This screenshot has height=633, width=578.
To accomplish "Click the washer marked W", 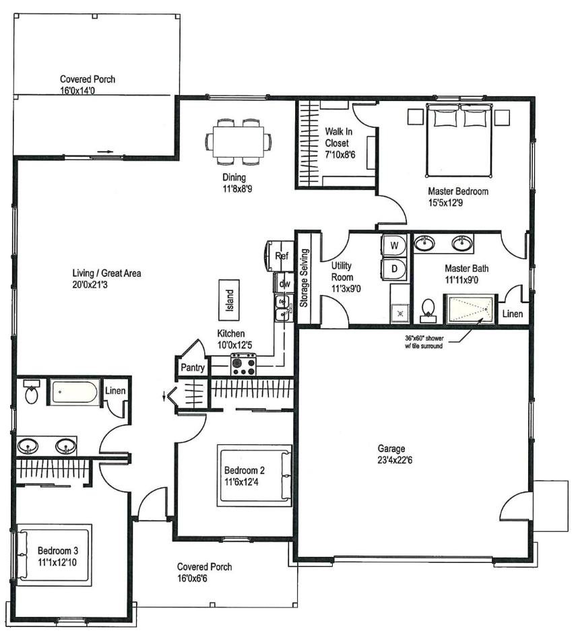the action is (x=394, y=245).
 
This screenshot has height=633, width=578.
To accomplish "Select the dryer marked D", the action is (x=394, y=269).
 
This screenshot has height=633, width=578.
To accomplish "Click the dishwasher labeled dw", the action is (x=284, y=284).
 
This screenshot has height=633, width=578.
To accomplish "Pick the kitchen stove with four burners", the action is (x=243, y=364).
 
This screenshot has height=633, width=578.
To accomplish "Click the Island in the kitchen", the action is (x=229, y=300).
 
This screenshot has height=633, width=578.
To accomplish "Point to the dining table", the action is (x=238, y=141).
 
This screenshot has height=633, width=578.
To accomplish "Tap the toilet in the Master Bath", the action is (x=428, y=311).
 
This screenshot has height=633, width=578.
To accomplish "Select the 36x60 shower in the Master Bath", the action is (x=470, y=309).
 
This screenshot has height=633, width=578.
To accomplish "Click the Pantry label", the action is (x=193, y=368).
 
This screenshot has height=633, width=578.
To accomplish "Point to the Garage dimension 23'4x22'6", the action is (x=395, y=460).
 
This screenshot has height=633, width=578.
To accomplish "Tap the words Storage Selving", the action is (x=304, y=277).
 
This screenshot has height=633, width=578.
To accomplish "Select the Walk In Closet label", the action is (x=338, y=137).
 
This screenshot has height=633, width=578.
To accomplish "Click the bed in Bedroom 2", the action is (x=255, y=475).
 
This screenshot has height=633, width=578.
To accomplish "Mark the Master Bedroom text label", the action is (x=458, y=191).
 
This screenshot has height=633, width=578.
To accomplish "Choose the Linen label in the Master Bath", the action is (x=512, y=314).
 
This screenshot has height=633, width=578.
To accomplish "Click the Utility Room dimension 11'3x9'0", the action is (x=346, y=289).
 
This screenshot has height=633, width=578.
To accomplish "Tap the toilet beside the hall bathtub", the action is (x=31, y=392).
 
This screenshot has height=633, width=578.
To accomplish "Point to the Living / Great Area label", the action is (x=106, y=273).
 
